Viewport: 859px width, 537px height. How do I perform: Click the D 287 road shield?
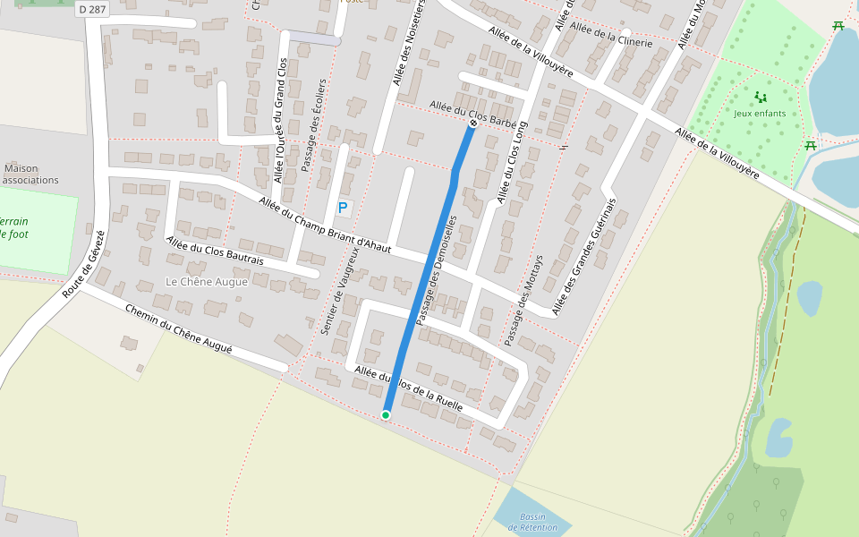[91, 9]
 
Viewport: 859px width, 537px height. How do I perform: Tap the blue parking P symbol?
[343, 208]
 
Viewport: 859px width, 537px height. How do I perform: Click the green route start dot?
[386, 414]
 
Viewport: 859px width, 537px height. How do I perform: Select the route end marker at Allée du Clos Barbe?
[472, 124]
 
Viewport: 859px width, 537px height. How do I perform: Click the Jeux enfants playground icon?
[761, 97]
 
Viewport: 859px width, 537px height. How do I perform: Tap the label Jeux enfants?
[760, 114]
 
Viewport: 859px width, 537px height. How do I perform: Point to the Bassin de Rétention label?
[532, 523]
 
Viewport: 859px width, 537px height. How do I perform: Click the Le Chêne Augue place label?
[207, 282]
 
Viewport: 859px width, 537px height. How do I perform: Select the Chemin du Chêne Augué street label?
[179, 329]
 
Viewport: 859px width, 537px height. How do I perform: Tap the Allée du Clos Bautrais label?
[215, 251]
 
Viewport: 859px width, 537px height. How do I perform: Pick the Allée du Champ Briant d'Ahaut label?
[325, 225]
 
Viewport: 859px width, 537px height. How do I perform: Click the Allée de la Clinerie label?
[611, 35]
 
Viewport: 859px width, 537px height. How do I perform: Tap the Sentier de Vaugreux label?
[339, 291]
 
